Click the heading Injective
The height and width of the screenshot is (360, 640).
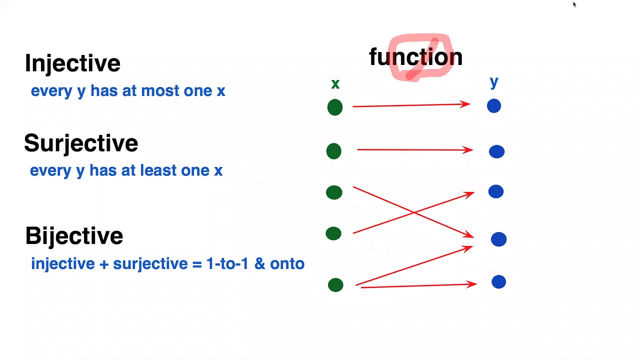[72, 63]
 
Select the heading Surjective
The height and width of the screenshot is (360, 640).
[81, 143]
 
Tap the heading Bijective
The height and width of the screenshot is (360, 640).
[74, 236]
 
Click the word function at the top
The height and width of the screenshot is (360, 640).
[415, 57]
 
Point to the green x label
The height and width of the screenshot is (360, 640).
[335, 84]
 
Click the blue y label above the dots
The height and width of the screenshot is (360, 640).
[494, 82]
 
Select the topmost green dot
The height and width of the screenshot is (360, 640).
[335, 107]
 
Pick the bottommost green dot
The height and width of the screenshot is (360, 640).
[335, 285]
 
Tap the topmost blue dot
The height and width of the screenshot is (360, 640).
[493, 106]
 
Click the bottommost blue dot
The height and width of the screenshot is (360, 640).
[498, 282]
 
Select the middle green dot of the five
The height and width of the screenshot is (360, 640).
[334, 192]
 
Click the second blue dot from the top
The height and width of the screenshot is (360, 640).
[496, 151]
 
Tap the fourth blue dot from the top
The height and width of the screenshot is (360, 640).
[498, 239]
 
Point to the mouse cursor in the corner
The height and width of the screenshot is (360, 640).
[574, 4]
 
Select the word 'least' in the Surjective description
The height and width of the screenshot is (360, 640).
[158, 170]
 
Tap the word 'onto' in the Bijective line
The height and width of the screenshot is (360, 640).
[287, 264]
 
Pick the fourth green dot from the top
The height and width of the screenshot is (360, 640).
[333, 233]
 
